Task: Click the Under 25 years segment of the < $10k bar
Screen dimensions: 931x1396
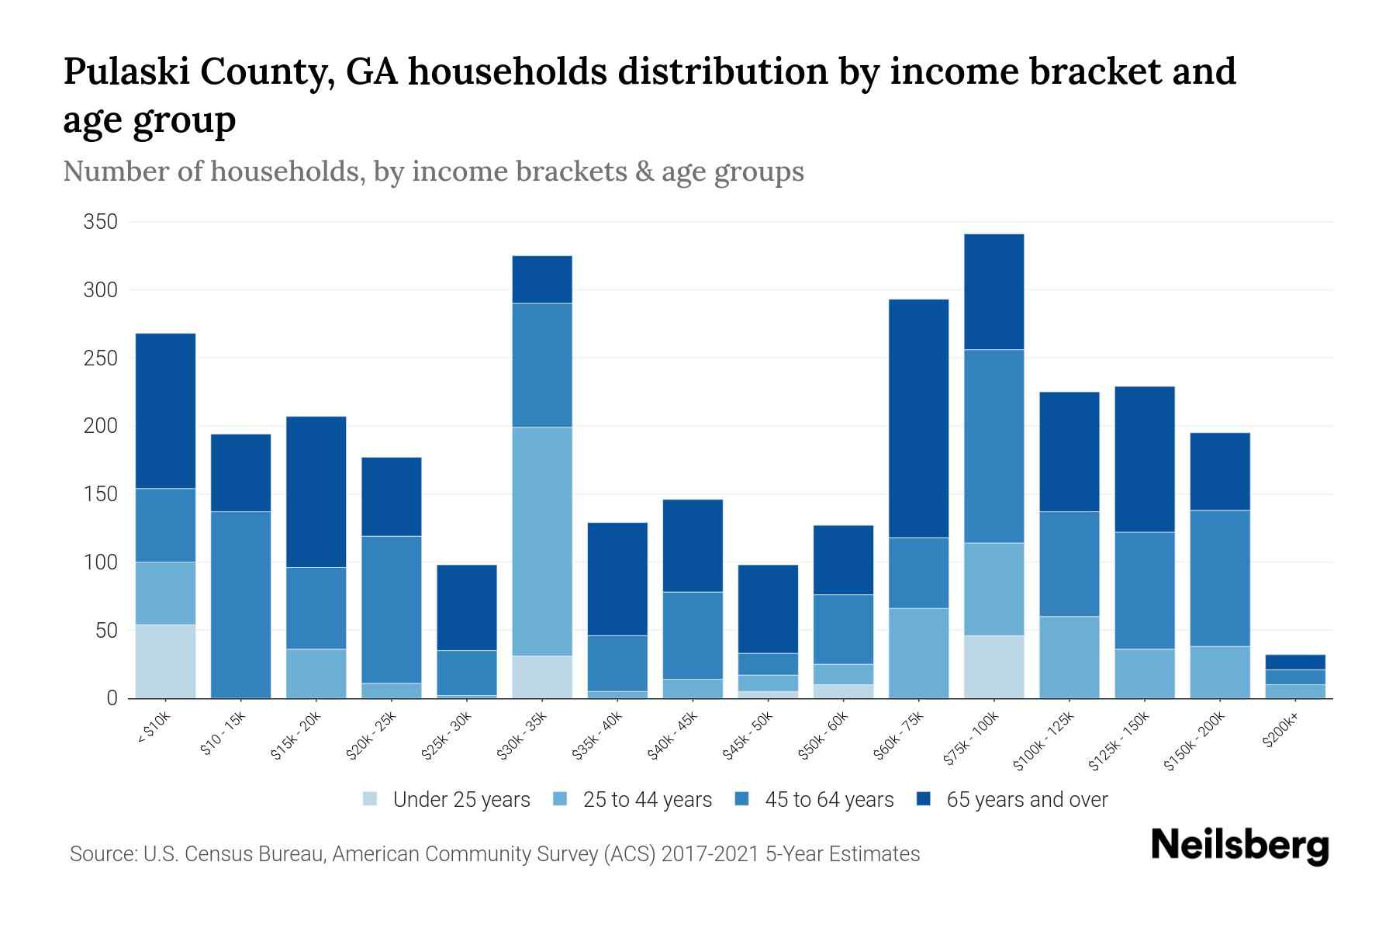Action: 165,661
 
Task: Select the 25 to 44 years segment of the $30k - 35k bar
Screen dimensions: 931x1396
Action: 542,541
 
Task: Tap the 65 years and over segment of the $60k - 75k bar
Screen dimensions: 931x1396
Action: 919,418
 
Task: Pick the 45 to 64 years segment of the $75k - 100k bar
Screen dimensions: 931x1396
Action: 994,446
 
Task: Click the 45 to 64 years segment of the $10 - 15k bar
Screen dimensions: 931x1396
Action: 241,604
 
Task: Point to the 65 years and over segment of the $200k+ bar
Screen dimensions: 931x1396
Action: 1295,662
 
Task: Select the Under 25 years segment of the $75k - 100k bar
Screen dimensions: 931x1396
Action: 994,666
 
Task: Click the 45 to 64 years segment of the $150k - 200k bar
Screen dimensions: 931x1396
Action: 1220,578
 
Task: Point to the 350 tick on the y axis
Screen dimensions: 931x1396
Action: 101,222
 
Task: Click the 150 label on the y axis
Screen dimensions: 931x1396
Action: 101,494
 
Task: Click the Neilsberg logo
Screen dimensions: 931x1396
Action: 1239,846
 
